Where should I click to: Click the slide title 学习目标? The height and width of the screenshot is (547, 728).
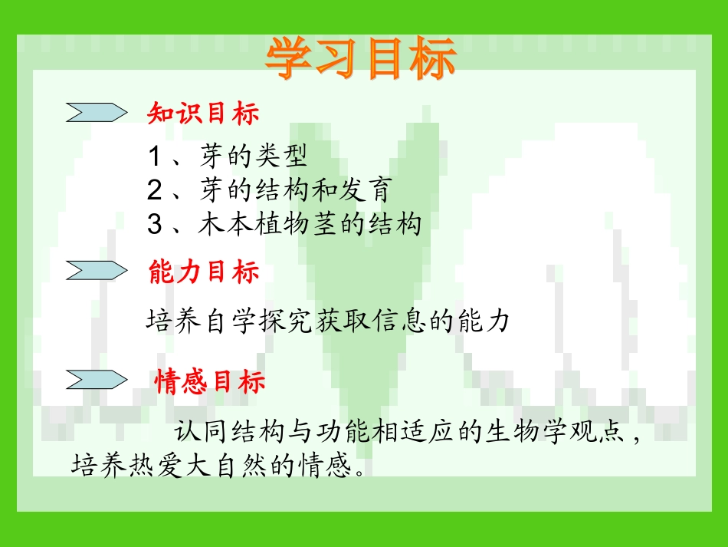pos(361,59)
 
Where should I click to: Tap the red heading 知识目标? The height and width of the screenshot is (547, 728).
pos(203,114)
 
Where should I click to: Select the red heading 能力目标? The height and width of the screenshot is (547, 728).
pos(203,272)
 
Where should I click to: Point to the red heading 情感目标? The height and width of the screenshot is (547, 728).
pos(210,381)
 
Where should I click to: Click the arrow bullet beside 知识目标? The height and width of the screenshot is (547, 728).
pos(96,113)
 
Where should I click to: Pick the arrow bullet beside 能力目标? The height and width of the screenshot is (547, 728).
pos(96,270)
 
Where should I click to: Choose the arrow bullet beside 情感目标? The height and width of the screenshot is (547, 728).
pos(96,379)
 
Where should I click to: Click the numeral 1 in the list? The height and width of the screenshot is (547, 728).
pos(154,157)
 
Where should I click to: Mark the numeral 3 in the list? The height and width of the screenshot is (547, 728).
pos(154,225)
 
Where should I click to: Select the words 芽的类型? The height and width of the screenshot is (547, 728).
pos(254,157)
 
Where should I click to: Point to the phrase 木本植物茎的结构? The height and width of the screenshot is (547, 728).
pos(310,225)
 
